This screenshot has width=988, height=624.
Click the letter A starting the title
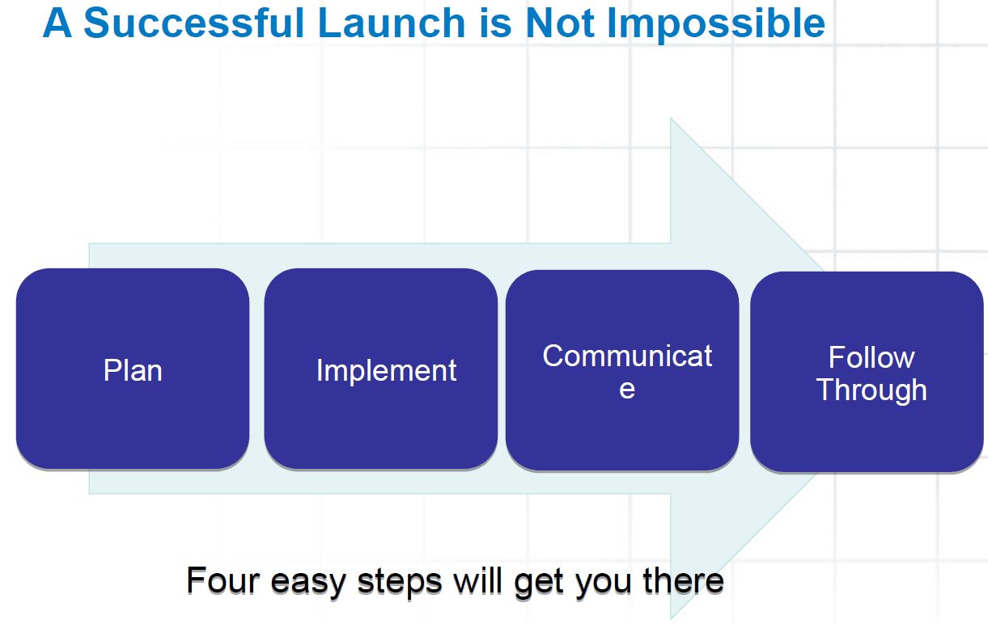pos(57,23)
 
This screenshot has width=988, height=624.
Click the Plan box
pos(133,369)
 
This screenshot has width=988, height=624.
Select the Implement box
pos(381,369)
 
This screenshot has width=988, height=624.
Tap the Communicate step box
pos(622,370)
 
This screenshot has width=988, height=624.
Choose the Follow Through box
pos(867,372)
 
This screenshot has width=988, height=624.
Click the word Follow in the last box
pos(871,357)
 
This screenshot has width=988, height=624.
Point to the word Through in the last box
pos(871,390)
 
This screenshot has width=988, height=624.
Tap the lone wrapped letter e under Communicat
pos(627,390)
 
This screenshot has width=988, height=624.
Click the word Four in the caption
pos(223,580)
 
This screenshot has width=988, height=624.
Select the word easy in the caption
pos(308,584)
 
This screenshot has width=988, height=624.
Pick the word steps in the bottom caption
pos(400,583)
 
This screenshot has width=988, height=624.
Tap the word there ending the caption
pos(683,580)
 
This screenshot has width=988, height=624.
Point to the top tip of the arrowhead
pos(671,119)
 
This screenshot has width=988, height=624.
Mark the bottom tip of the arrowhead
pos(671,618)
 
